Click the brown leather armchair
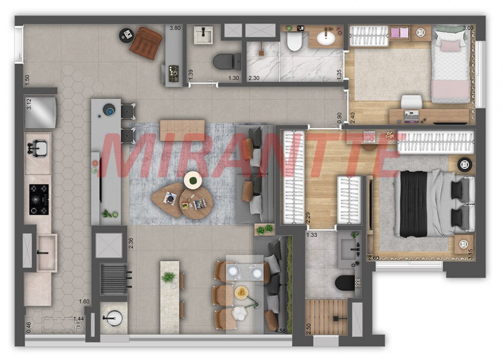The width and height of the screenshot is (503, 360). tap(146, 43)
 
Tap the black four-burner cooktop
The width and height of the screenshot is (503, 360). tap(39, 199)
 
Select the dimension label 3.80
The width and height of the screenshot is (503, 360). tap(175, 28)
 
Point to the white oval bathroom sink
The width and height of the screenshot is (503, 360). tap(326, 38)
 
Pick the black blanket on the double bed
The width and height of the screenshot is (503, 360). tap(414, 204)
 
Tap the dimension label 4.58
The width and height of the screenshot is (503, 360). tap(280, 330)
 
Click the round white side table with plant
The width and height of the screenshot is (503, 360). tap(193, 180)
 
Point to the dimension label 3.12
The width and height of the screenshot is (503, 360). tap(28, 104)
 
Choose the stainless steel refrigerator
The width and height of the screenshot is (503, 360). tap(41, 112)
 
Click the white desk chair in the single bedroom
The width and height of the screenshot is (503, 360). tap(412, 102)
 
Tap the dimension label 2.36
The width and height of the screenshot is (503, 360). tap(131, 243)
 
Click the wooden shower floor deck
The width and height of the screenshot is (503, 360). tap(326, 317)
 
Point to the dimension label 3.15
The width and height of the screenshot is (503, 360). tap(470, 254)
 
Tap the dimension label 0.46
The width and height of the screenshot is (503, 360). tap(28, 327)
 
